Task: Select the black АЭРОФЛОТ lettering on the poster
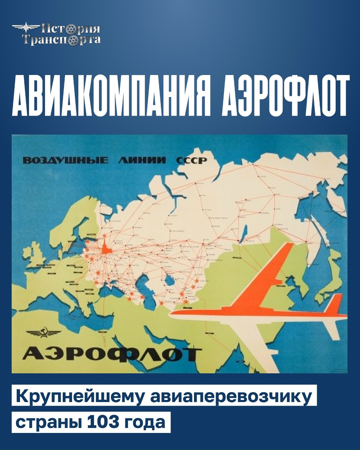(x=112, y=355)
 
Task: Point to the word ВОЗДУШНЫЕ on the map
(x=65, y=160)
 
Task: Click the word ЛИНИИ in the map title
(x=142, y=160)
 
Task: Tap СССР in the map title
(x=191, y=161)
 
